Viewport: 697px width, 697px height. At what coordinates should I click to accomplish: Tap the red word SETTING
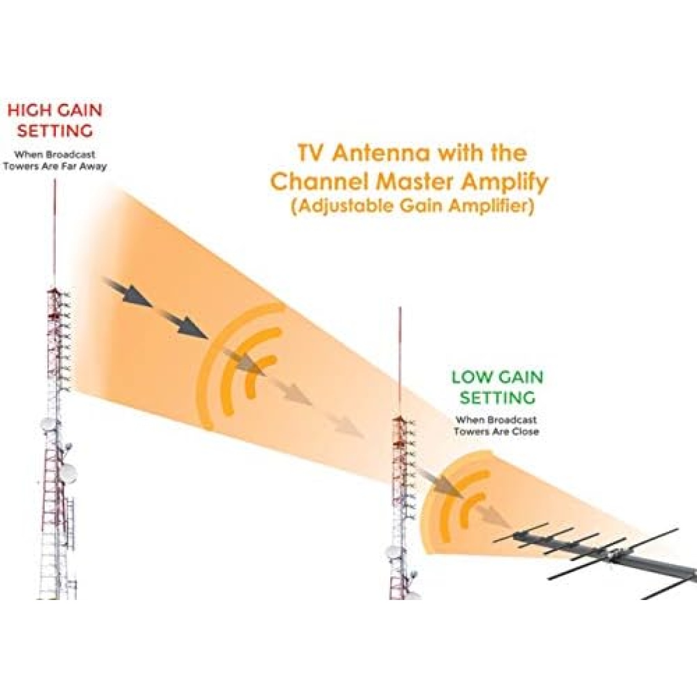click(x=55, y=131)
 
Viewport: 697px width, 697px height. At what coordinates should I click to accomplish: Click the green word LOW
click(x=472, y=378)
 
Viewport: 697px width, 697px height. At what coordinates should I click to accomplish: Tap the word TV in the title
click(x=310, y=153)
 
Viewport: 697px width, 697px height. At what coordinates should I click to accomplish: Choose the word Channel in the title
click(x=319, y=183)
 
